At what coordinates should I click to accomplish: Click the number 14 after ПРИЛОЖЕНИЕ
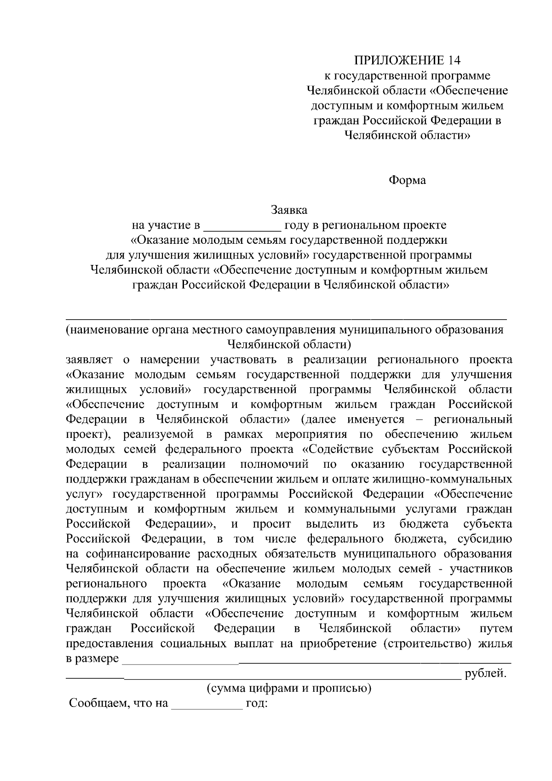[x=453, y=61]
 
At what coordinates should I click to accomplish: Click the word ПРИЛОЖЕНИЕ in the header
[x=398, y=61]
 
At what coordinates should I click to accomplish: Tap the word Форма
[x=408, y=180]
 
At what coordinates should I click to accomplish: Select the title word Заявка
[x=289, y=210]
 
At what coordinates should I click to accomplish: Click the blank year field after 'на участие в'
[x=242, y=226]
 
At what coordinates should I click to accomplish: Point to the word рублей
[x=486, y=674]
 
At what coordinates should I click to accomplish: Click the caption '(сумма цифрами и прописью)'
[x=289, y=689]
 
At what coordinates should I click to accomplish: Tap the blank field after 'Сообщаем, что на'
[x=207, y=705]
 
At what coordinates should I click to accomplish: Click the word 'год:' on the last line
[x=257, y=704]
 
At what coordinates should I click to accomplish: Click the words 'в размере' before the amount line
[x=92, y=659]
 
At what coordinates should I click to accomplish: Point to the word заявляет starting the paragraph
[x=90, y=360]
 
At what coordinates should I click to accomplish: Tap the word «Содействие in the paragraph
[x=335, y=449]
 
